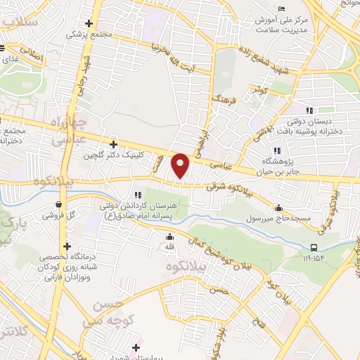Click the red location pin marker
(181, 165)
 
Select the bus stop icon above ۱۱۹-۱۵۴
(314, 247)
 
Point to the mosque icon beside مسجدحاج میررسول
(279, 207)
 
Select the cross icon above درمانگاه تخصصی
(67, 246)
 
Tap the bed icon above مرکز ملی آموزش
(281, 9)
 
